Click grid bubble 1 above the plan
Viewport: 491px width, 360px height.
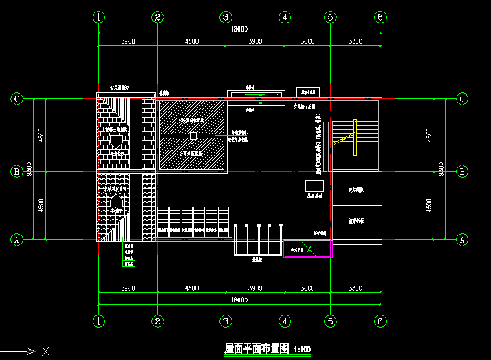click(98, 17)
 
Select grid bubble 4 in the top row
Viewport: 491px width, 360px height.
click(285, 17)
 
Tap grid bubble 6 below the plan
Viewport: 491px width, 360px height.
click(380, 321)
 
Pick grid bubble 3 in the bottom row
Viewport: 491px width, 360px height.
click(225, 321)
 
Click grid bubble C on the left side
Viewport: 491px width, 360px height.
click(18, 99)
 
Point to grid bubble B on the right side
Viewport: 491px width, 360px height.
click(463, 171)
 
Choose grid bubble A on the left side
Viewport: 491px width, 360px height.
click(18, 239)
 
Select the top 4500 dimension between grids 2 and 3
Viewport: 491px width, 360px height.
click(191, 41)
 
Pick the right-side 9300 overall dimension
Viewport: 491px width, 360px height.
click(441, 169)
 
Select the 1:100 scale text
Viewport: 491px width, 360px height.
click(302, 350)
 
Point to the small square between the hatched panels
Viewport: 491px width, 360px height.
click(193, 136)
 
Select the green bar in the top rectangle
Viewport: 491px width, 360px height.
click(261, 102)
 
